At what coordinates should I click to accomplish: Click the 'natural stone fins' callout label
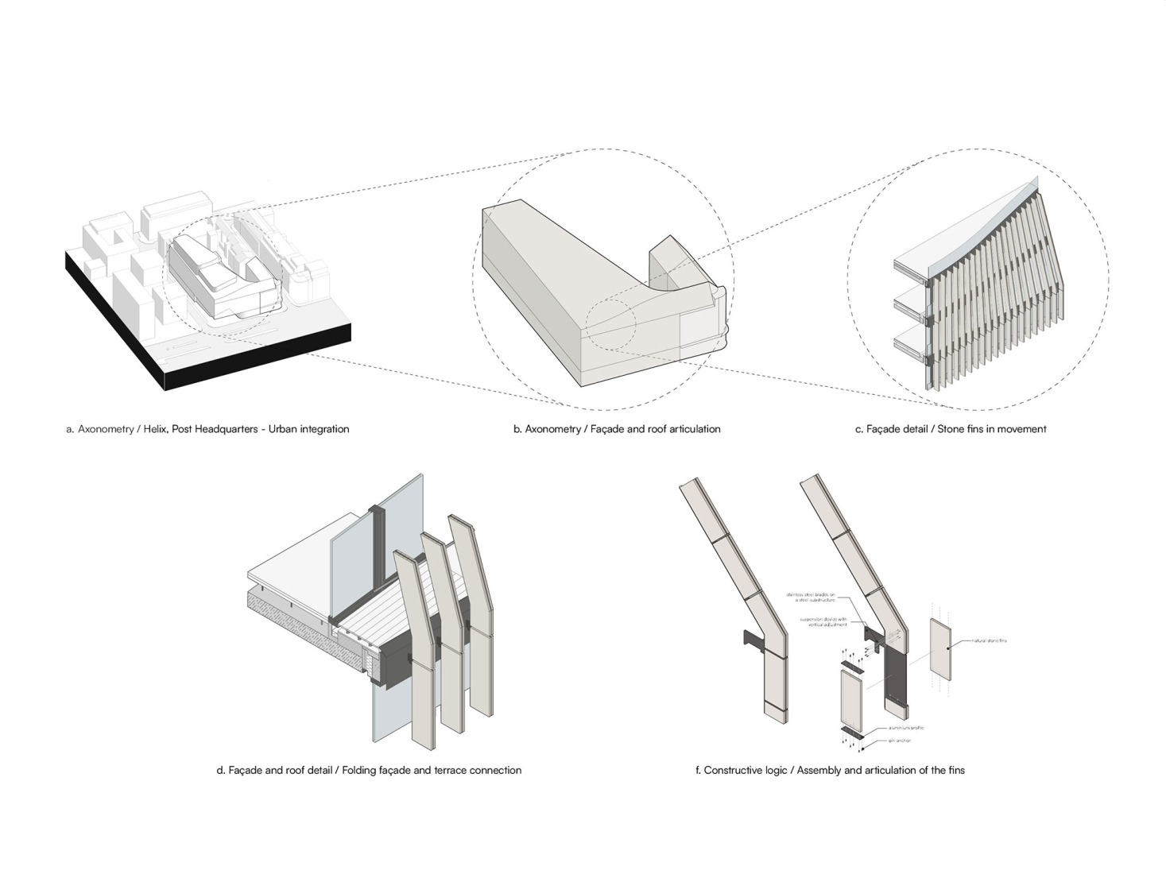point(988,640)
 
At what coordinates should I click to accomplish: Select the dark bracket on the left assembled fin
point(752,640)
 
